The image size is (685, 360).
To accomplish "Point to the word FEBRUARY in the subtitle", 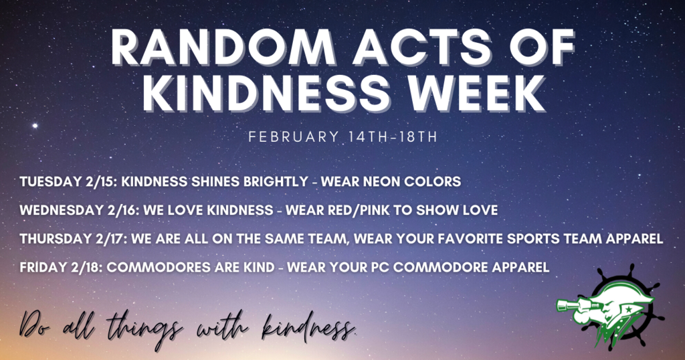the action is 294,137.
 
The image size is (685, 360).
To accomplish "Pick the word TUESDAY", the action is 47,182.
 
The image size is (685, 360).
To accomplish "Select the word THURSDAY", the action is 52,238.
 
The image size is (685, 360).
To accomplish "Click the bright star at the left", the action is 35,126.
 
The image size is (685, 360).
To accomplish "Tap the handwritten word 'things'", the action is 144,329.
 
